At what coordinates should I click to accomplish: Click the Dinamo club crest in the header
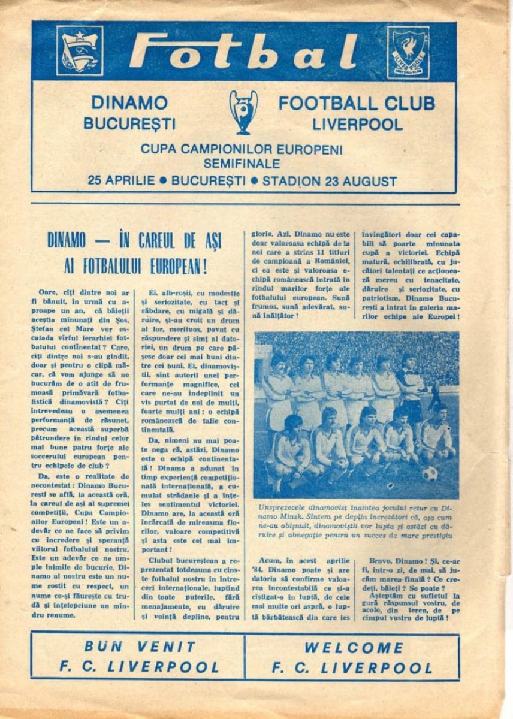coord(80,50)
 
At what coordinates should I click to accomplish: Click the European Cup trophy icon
coord(243,111)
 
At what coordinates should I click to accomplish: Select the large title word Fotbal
coord(243,52)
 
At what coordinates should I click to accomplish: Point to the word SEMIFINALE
coord(242,163)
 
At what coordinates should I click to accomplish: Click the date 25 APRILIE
coord(121,180)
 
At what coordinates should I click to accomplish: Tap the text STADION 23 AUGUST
coord(330,180)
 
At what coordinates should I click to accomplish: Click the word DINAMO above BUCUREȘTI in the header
coord(129,104)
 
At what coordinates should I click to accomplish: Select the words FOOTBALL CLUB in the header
coord(357,104)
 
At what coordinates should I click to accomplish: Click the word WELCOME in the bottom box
coord(354,648)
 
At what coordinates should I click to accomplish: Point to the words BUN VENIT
coord(140,647)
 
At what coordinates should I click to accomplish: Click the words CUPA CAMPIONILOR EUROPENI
coord(242,149)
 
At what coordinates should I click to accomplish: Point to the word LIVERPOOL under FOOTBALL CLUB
coord(357,124)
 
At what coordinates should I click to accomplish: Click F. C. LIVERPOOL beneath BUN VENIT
coord(140,667)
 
